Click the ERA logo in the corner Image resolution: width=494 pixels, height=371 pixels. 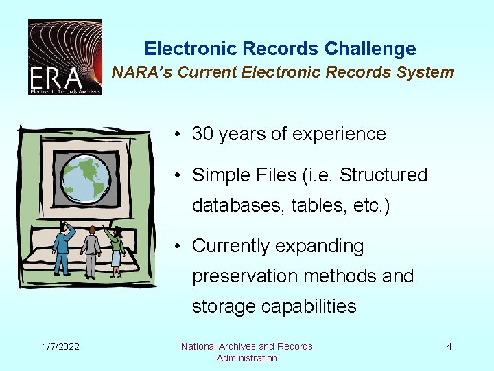64,57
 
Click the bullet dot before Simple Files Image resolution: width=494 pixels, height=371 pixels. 177,176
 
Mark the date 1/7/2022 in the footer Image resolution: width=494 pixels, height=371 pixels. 60,346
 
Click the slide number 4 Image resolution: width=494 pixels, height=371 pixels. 449,346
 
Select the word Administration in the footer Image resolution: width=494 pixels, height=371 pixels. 247,358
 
